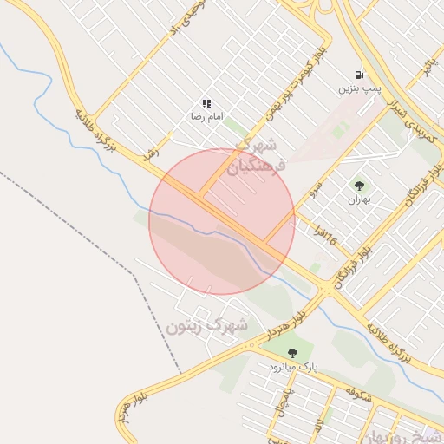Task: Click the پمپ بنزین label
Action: pos(359,88)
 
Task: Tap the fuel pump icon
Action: pos(359,75)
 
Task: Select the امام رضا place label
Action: pos(207,115)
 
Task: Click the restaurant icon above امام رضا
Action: pos(206,103)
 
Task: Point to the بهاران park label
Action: pos(359,199)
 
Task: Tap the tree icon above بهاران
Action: pos(359,186)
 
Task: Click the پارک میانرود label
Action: pos(292,367)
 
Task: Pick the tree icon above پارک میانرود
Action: pos(292,353)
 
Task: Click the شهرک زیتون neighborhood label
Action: pos(207,327)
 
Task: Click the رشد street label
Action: pos(153,146)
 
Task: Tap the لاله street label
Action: pos(319,425)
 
